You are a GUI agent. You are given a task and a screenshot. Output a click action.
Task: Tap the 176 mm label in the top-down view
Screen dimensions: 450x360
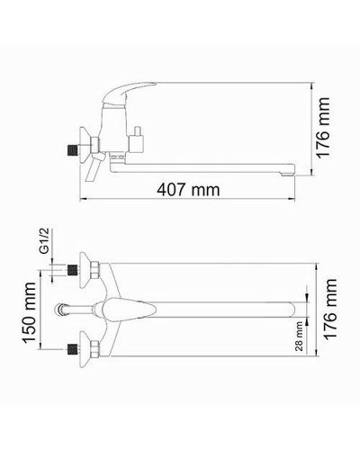coord(335,311)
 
